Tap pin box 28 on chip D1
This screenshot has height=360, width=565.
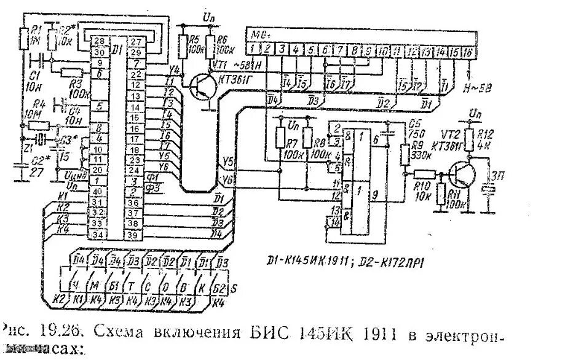point(97,41)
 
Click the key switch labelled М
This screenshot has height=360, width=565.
point(95,286)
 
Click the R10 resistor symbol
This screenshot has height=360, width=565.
point(427,175)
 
